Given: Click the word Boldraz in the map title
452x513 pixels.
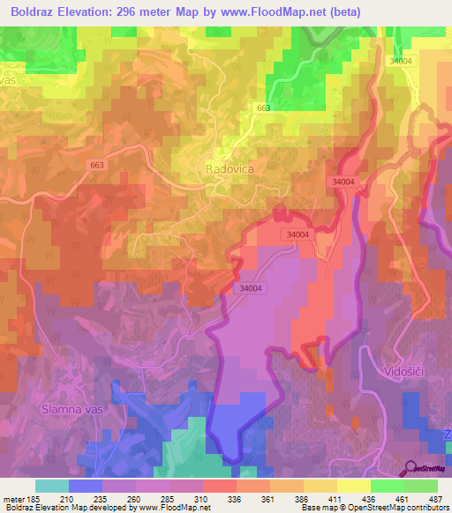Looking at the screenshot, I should pos(38,11).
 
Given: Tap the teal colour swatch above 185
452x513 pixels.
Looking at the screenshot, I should pos(51,486).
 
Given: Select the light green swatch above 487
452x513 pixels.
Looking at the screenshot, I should pos(421,486).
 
